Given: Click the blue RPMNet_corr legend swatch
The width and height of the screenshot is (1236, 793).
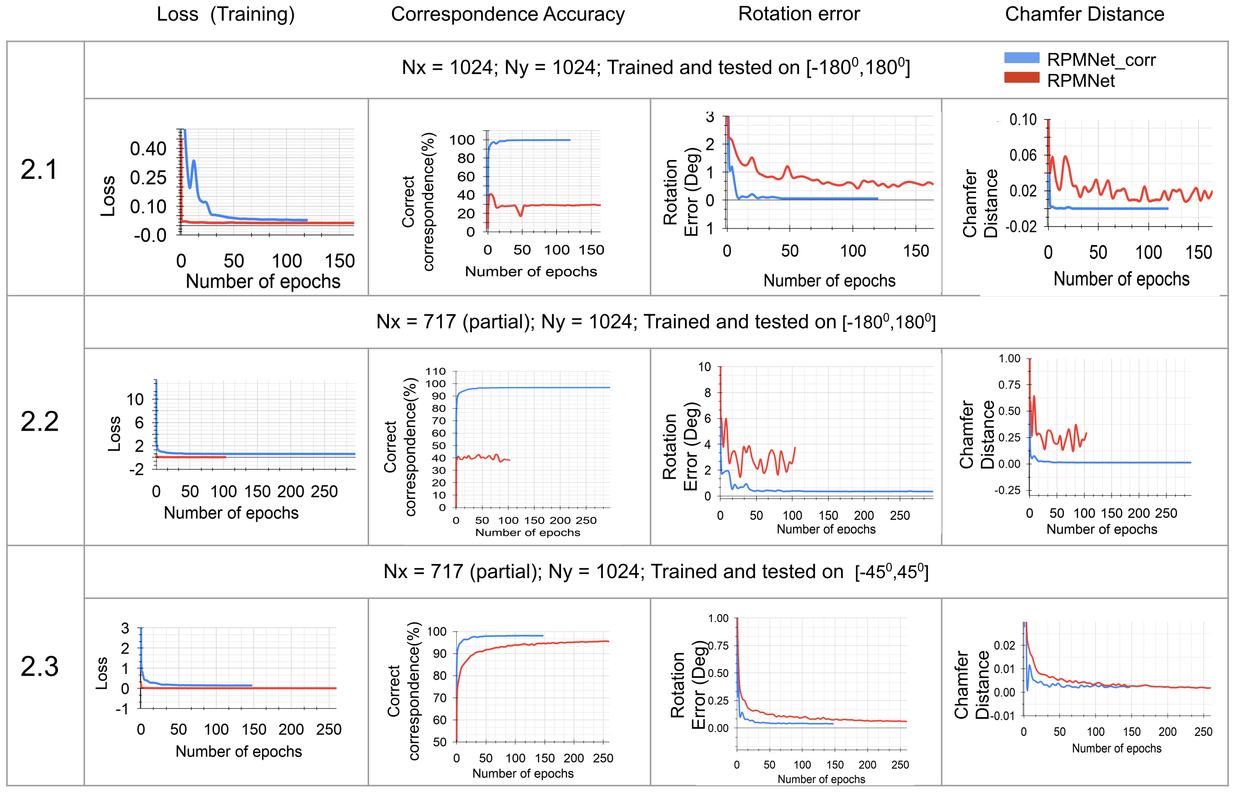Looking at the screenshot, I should click(1021, 58).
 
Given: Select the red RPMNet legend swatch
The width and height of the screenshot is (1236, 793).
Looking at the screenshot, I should click(1021, 78).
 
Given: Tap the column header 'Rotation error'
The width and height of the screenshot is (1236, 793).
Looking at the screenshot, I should click(799, 14).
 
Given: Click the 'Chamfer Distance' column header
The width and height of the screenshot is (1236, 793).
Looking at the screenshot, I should click(1084, 14).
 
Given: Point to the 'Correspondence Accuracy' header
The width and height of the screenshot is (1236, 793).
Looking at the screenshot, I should click(507, 14).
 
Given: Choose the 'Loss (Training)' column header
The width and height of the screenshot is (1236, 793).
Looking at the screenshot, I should click(226, 14).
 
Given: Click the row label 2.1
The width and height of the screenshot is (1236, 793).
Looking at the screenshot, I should click(39, 169).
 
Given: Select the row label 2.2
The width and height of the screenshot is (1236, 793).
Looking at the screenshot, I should click(39, 422).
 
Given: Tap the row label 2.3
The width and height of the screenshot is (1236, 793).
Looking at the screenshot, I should click(39, 666).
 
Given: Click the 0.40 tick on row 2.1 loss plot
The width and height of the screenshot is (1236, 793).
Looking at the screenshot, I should click(148, 149).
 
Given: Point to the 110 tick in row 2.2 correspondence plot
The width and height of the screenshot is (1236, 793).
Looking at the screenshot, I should click(435, 371).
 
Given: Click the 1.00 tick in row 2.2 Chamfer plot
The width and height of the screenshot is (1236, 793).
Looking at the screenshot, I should click(1009, 358).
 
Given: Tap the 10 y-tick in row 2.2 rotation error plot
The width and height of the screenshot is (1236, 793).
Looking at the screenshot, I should click(704, 367).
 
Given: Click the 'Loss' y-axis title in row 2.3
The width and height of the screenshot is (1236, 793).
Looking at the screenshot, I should click(102, 673).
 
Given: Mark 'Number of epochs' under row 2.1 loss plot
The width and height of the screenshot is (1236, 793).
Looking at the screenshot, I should click(263, 282).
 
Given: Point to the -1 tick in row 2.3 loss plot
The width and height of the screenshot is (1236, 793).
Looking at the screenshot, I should click(122, 709).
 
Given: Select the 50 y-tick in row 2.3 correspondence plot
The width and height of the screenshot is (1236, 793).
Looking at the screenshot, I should click(439, 742).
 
